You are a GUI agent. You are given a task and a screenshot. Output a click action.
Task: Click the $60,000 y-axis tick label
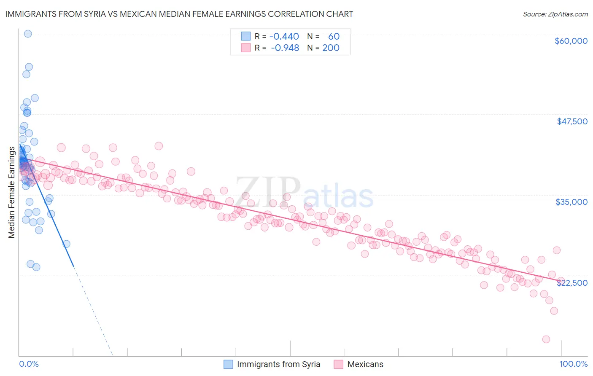point(571,41)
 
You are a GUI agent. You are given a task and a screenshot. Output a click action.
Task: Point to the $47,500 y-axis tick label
point(572,121)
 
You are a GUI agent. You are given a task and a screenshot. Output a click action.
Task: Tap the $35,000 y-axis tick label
point(571,202)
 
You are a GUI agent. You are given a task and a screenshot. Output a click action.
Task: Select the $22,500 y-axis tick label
point(572,283)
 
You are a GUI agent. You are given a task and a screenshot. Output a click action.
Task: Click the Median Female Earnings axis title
point(11,192)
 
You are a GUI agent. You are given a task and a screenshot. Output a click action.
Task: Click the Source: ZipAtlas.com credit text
point(555,14)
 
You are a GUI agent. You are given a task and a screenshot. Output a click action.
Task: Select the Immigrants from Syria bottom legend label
point(278,364)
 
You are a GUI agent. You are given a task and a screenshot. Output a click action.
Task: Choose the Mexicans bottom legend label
point(365,364)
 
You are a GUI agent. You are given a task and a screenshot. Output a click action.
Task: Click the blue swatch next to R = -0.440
point(246,37)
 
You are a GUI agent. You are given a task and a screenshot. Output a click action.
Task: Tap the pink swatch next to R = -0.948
point(246,48)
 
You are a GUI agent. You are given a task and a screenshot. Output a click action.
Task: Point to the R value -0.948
point(285,48)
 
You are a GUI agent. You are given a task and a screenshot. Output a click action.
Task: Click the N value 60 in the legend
point(334,37)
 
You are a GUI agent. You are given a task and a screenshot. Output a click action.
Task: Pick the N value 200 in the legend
point(331,48)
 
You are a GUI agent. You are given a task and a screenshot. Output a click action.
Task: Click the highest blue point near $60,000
point(28,34)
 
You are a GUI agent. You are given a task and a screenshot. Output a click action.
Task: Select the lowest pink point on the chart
point(546,339)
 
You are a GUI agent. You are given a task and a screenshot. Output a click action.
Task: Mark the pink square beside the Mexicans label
point(338,364)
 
